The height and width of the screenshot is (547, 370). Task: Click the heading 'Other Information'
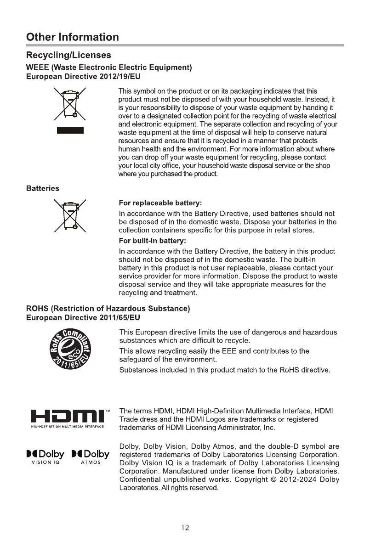(73, 37)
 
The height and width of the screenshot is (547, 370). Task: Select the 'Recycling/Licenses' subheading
(68, 55)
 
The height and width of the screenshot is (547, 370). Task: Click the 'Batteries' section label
(43, 188)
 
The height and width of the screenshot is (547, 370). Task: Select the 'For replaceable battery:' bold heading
(160, 203)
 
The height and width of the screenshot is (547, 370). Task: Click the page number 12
(185, 528)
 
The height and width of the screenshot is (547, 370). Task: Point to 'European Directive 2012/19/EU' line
(83, 76)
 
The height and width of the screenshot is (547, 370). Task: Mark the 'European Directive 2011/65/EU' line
(83, 317)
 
